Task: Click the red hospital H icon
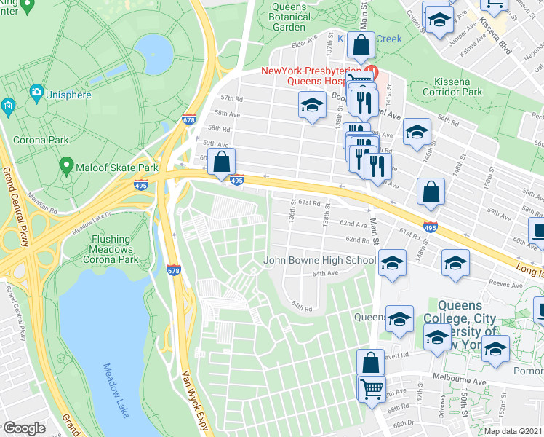point(370,71)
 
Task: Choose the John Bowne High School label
point(319,260)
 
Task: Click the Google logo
point(24,428)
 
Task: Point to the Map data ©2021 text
point(513,431)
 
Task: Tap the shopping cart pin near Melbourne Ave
point(372,387)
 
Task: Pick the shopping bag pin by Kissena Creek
point(361,45)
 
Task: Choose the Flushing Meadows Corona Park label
point(113,249)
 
